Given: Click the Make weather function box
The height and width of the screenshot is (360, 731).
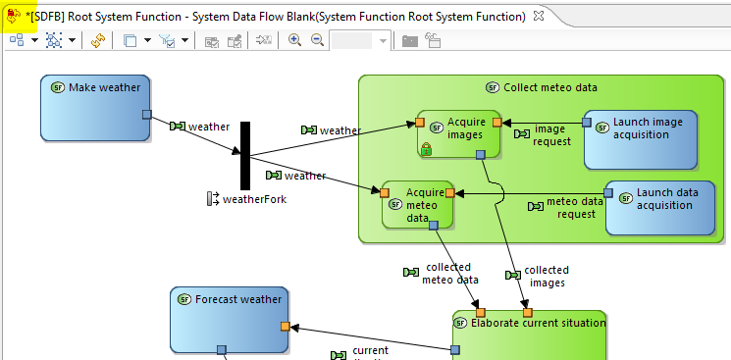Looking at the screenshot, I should click(x=94, y=107).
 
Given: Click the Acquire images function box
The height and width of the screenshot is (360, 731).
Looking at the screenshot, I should click(x=458, y=133).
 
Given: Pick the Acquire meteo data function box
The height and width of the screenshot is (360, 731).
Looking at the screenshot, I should click(x=418, y=203).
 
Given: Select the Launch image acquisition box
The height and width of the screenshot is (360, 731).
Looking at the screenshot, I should click(x=641, y=139).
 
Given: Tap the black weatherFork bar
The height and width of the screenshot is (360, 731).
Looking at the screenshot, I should click(x=245, y=155).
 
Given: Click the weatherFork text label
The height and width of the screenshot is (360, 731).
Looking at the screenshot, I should click(x=253, y=199).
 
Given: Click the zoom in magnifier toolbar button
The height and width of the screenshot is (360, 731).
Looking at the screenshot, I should click(x=294, y=40).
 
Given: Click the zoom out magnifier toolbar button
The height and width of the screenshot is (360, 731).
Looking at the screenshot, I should click(x=317, y=40).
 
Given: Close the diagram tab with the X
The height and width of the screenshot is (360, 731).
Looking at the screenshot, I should click(x=536, y=16).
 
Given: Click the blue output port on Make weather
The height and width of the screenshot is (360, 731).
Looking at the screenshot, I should click(x=146, y=115).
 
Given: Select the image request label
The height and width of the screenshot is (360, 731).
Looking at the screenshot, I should click(x=549, y=135).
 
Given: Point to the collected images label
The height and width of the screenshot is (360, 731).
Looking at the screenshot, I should click(x=546, y=276).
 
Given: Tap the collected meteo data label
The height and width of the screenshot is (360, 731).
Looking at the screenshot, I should click(x=445, y=273).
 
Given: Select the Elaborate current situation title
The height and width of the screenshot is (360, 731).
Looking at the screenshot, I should click(x=538, y=322).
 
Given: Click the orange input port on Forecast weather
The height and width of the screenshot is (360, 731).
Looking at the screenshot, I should click(x=285, y=326).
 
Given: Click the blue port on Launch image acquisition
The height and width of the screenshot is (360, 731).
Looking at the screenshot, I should click(x=587, y=123).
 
